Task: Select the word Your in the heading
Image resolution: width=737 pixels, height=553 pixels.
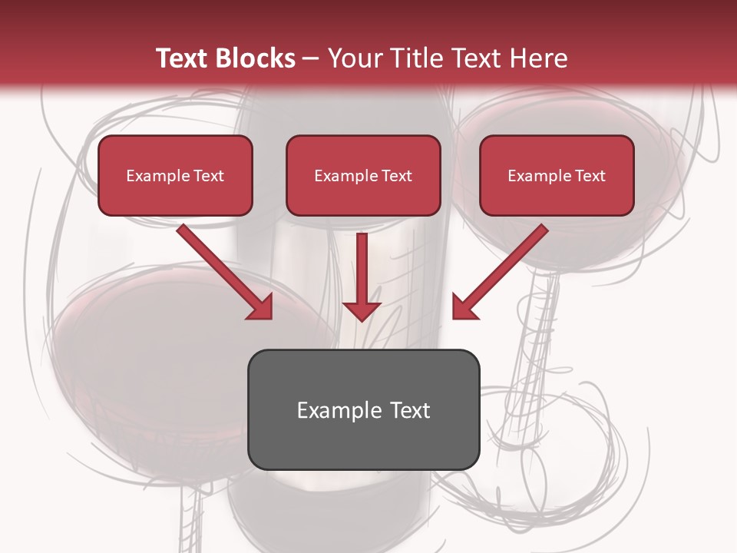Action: click(x=354, y=58)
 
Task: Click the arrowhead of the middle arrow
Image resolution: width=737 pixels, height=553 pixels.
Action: click(x=362, y=311)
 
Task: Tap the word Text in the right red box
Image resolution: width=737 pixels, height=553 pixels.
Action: click(x=590, y=176)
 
